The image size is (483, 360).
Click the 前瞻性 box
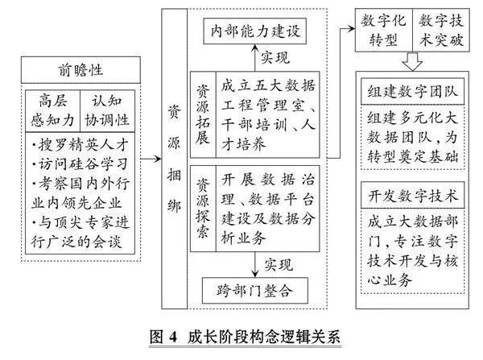[80, 70]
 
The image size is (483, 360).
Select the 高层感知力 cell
[52, 111]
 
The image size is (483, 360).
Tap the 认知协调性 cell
[107, 111]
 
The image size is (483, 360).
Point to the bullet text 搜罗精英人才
[80, 145]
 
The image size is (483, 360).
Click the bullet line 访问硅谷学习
[80, 164]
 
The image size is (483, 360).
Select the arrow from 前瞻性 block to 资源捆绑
[151, 159]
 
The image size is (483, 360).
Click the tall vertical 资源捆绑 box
[175, 159]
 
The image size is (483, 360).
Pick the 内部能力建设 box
[254, 31]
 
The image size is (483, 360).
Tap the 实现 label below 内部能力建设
[275, 58]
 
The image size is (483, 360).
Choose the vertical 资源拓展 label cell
[203, 114]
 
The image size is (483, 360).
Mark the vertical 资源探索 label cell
[203, 209]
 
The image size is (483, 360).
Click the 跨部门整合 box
[254, 291]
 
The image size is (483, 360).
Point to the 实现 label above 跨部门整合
[279, 265]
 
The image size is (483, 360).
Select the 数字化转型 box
[384, 31]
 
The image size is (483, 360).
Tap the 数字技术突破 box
[441, 31]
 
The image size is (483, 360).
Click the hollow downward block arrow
[412, 61]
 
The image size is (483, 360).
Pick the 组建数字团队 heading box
[412, 92]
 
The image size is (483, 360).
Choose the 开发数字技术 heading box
[412, 196]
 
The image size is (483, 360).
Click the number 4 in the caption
[174, 337]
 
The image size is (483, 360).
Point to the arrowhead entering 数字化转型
[352, 29]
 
